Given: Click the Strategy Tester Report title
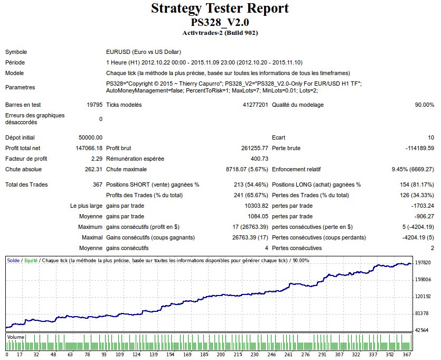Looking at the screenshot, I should click(220, 9).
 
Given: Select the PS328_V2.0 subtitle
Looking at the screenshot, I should click(220, 23).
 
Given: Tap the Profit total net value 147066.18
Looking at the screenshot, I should click(89, 148).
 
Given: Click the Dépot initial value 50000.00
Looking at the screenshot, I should click(90, 137).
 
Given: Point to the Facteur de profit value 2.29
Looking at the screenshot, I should click(97, 159).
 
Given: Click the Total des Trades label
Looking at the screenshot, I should click(26, 184).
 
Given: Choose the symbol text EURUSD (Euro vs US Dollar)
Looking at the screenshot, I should click(144, 52).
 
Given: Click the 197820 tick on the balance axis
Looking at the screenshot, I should click(424, 263).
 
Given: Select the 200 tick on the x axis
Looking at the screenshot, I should click(221, 354).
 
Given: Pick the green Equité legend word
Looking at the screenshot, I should click(31, 261).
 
